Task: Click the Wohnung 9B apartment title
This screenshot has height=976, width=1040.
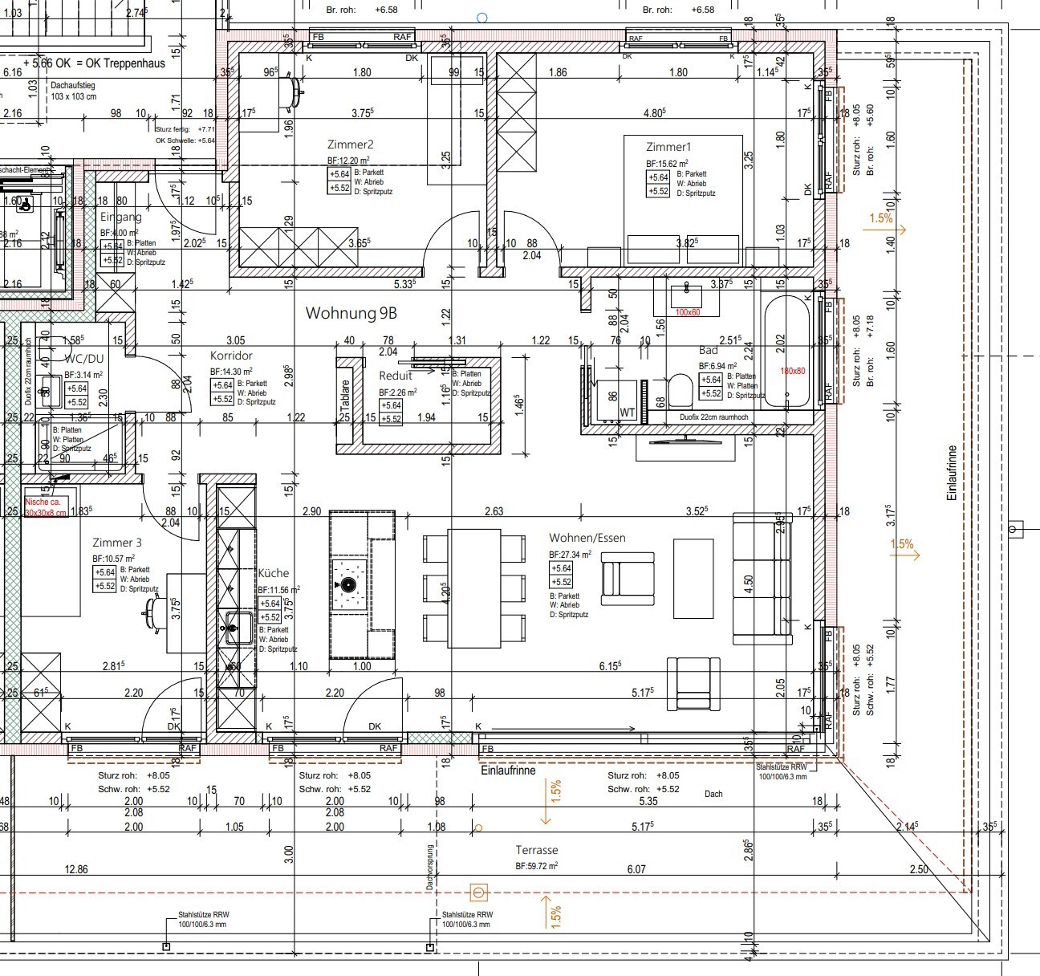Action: point(351,314)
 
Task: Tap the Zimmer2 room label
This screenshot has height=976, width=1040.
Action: point(350,144)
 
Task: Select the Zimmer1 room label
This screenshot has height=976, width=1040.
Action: point(668,147)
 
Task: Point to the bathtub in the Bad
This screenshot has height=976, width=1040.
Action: point(786,350)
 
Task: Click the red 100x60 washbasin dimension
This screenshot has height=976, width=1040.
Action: point(688,311)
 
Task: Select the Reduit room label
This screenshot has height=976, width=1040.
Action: point(395,376)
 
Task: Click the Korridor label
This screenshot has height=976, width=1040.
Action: point(231,355)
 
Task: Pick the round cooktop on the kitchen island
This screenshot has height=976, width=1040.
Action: point(348,585)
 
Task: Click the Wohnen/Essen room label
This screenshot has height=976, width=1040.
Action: point(587,538)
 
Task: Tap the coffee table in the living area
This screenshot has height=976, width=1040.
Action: point(693,577)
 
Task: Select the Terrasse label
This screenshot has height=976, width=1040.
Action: point(536,850)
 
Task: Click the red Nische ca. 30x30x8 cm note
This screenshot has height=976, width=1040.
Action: point(46,506)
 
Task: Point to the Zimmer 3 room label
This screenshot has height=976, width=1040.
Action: point(117,543)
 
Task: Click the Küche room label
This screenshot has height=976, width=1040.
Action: point(273,573)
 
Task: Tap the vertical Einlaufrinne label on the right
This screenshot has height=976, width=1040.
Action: point(953,473)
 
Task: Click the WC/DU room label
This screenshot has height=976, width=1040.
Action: point(84,358)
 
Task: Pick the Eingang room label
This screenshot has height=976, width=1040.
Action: point(120,217)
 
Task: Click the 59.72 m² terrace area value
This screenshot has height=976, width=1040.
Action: point(536,867)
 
